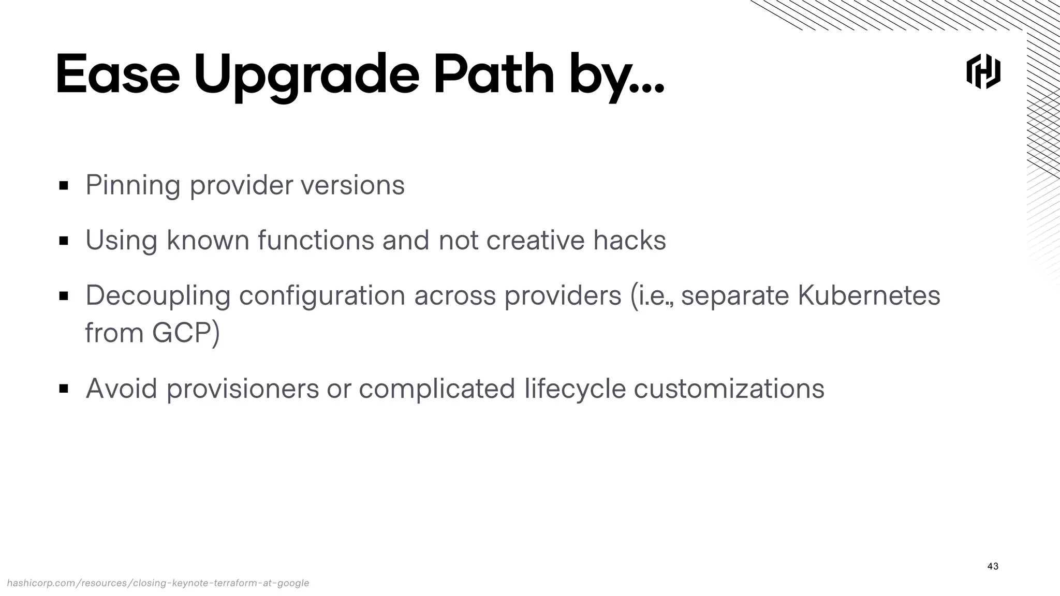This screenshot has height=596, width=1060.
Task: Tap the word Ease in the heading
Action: (117, 75)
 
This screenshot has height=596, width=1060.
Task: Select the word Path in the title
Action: (494, 75)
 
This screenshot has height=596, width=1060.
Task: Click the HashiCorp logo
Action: (983, 71)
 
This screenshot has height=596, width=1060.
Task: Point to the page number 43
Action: (993, 566)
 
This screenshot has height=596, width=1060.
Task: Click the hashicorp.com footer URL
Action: (158, 583)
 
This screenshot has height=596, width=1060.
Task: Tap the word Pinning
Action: (133, 185)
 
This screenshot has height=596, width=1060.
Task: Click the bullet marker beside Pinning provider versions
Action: (64, 186)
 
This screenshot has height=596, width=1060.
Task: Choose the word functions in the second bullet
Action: (316, 240)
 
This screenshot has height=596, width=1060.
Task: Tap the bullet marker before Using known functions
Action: (64, 241)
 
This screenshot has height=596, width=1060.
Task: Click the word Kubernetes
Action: (868, 295)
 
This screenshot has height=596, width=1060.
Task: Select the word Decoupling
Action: (158, 296)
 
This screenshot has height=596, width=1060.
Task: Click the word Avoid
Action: (121, 389)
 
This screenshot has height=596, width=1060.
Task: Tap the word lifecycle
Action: (575, 389)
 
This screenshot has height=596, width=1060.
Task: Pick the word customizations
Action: (729, 389)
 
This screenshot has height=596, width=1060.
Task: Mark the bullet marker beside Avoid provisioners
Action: (64, 389)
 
